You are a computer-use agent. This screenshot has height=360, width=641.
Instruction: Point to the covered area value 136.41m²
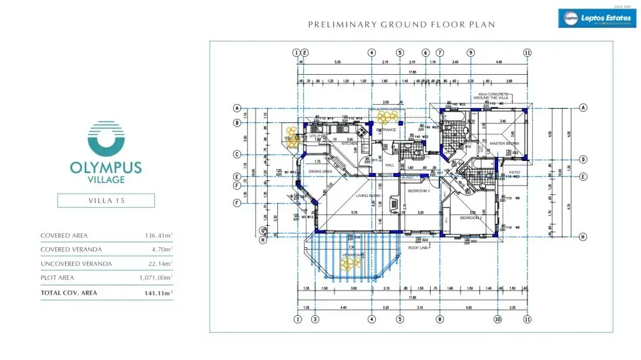point(158,236)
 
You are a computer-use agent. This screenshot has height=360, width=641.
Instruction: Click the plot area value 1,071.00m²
point(155,277)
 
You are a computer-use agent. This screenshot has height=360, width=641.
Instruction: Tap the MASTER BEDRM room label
point(504,144)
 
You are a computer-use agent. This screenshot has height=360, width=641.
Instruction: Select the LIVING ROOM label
point(367,196)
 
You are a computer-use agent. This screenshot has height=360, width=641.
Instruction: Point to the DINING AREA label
point(320,172)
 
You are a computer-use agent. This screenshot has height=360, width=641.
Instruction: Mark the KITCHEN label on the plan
point(350,144)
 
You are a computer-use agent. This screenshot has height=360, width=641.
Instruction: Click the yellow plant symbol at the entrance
point(385,119)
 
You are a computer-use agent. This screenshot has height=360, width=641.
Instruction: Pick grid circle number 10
point(497,319)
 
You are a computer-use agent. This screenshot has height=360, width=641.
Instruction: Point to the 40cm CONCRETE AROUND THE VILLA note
point(494,96)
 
